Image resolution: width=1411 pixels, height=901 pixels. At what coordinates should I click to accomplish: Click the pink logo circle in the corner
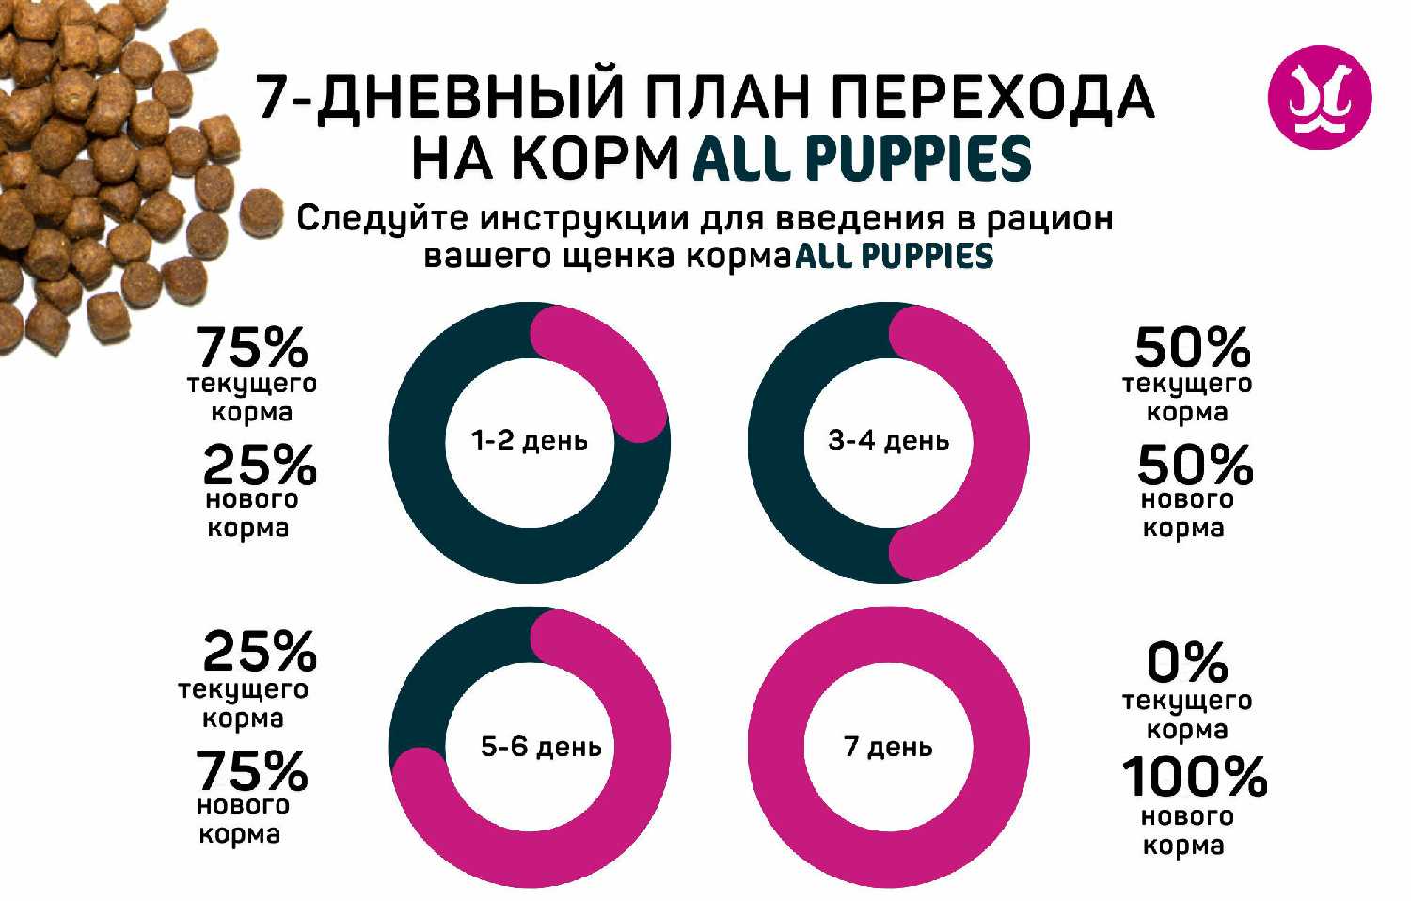click(x=1320, y=98)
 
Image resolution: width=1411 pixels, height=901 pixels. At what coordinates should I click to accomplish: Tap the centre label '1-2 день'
click(x=529, y=440)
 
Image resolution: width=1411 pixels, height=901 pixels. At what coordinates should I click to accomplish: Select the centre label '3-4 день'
click(x=888, y=440)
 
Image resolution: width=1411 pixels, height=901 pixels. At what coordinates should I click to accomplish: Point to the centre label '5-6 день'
click(x=540, y=747)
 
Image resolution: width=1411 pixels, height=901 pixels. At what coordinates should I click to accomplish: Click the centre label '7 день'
click(x=888, y=747)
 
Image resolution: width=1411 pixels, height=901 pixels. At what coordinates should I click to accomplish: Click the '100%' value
click(x=1194, y=777)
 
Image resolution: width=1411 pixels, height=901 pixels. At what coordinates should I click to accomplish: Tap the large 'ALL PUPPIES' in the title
click(x=862, y=158)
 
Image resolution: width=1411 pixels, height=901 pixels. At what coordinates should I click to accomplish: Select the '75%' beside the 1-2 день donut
click(x=251, y=348)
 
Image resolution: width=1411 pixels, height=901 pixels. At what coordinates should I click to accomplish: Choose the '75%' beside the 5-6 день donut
click(x=251, y=771)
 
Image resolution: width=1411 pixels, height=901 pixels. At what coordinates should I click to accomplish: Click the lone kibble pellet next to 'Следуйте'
click(x=261, y=211)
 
